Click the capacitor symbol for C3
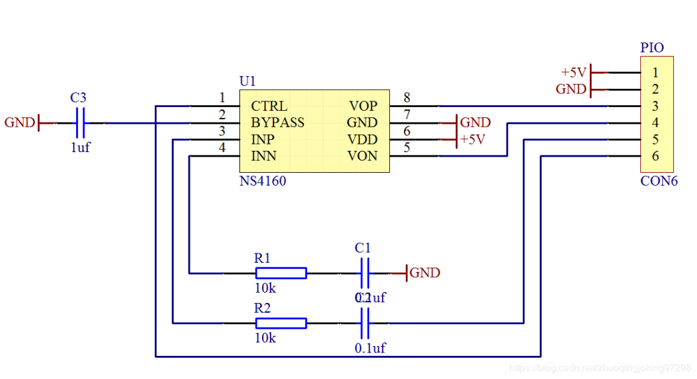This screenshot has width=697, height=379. click(81, 122)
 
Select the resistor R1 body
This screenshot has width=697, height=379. click(280, 273)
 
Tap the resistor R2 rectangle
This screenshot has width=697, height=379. click(280, 323)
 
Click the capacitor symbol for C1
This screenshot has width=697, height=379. click(364, 273)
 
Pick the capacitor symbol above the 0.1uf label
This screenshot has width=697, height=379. click(364, 323)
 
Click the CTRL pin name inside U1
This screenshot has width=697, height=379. click(269, 106)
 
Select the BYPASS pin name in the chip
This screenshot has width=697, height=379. click(278, 122)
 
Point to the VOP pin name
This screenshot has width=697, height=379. click(363, 106)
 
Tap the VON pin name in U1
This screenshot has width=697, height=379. click(363, 156)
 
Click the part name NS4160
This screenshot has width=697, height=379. click(263, 181)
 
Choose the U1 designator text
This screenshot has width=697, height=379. click(248, 81)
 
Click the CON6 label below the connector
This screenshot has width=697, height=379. click(659, 181)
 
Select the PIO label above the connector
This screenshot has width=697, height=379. click(652, 48)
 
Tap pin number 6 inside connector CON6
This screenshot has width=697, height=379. click(655, 156)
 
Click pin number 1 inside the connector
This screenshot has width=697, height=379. click(655, 73)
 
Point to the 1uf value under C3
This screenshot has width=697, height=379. click(81, 147)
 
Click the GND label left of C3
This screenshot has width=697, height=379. click(19, 122)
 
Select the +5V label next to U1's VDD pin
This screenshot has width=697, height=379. click(472, 139)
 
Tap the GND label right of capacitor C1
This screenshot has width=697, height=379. click(425, 273)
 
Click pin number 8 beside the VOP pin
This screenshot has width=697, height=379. click(407, 98)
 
